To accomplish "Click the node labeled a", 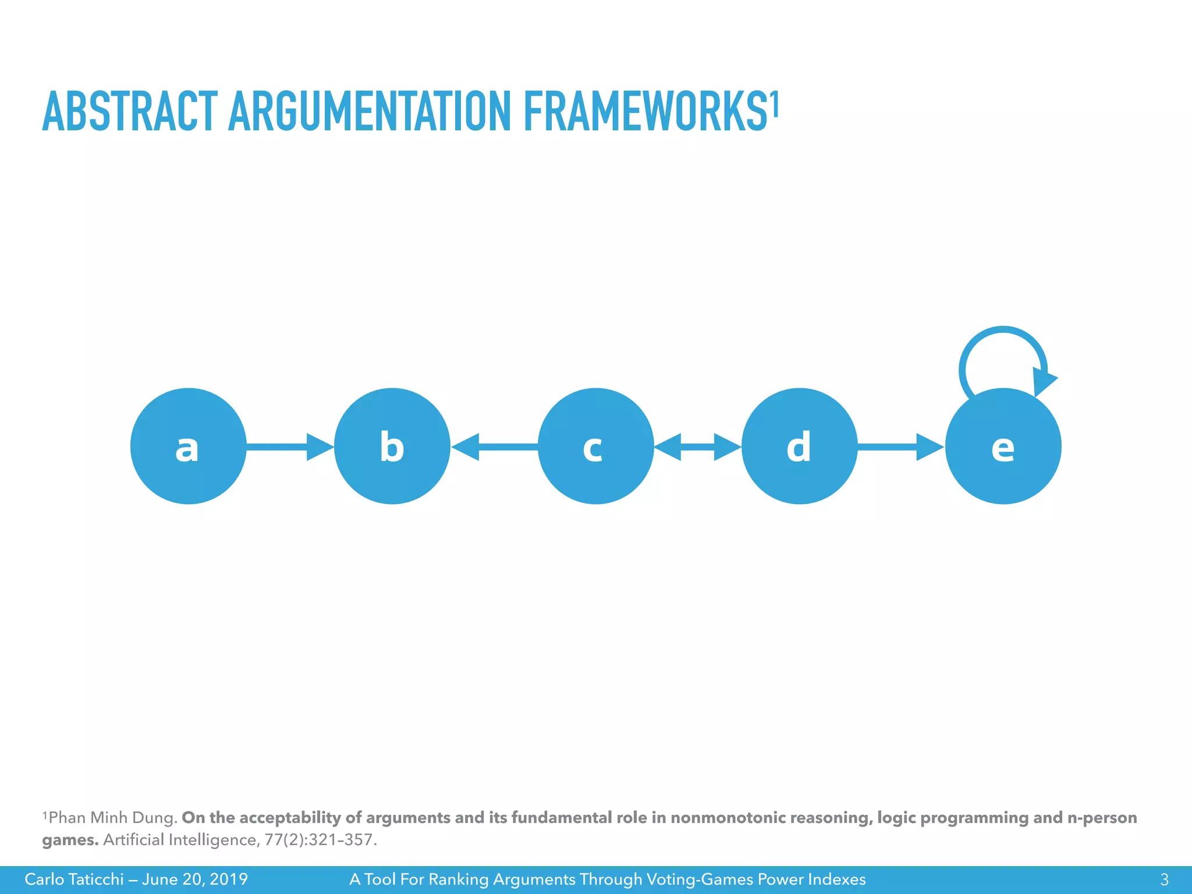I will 188,446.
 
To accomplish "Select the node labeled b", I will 392,446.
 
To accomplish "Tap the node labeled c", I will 595,446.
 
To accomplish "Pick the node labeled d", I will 799,446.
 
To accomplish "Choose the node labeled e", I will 1003,446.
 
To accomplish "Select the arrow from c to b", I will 494,446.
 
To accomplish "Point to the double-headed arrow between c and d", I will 697,446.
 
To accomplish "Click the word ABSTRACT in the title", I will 130,111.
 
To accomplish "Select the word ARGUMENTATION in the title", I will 370,111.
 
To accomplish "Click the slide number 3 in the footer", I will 1164,879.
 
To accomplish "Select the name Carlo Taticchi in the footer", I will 74,879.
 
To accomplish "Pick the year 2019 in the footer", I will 229,879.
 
